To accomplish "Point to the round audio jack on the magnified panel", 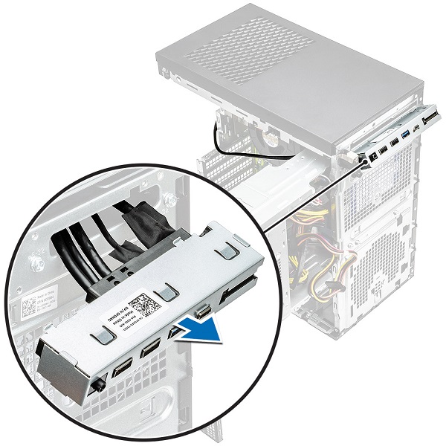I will [x=99, y=386].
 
